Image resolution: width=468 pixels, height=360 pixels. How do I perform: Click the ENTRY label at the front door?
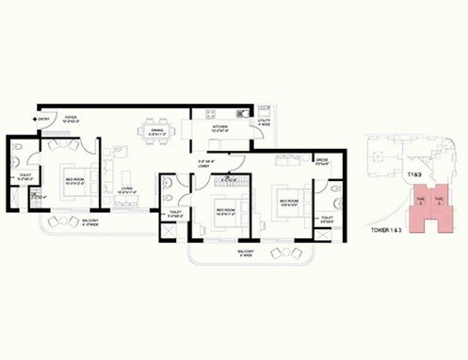[45, 119]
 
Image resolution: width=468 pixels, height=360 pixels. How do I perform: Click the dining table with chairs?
[152, 126]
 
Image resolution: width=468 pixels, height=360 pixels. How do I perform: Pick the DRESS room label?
[321, 159]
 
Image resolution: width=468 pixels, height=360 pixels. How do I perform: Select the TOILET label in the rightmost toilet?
[327, 219]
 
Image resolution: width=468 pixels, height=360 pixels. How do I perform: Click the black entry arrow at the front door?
[35, 119]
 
